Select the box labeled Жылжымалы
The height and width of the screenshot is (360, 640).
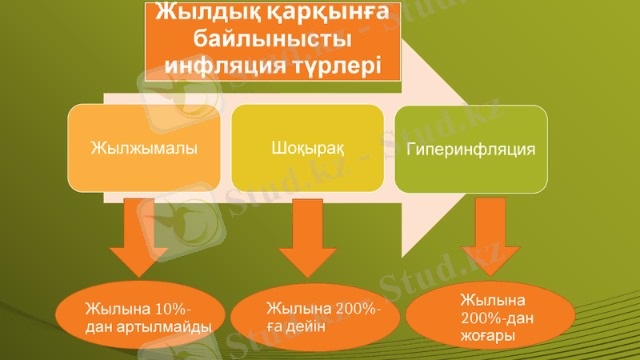(x=144, y=148)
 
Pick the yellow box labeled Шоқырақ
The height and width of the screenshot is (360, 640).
(x=308, y=148)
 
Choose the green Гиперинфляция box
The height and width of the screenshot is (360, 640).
(x=470, y=148)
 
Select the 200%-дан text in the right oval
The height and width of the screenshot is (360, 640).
(x=497, y=319)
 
